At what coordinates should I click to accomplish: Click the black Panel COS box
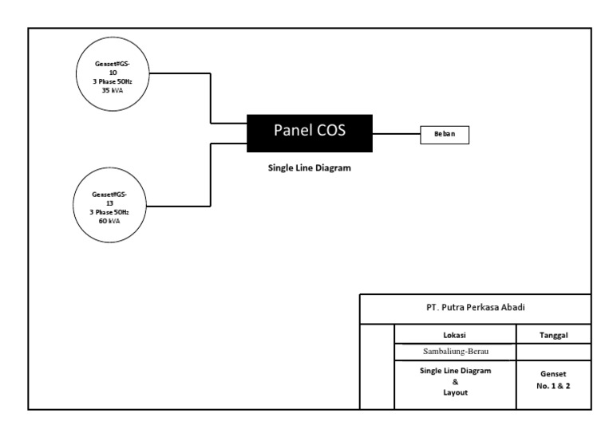310,132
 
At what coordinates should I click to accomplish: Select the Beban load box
445,136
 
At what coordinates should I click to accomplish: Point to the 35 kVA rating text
112,91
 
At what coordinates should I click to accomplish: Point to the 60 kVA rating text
109,221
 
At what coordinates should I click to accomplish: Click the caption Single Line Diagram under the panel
309,169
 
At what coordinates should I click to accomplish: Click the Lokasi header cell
455,335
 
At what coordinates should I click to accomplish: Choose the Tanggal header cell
554,335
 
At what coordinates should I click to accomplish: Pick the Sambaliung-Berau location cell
455,352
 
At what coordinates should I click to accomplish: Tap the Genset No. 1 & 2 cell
554,380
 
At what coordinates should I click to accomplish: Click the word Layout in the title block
455,393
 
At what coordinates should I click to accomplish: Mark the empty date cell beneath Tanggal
554,352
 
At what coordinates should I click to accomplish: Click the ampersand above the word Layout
455,382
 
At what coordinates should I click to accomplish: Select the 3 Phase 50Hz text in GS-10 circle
112,82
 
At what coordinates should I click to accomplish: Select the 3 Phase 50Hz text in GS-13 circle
109,212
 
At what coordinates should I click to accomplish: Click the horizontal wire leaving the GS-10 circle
180,74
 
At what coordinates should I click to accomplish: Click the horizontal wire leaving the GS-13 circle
180,206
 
